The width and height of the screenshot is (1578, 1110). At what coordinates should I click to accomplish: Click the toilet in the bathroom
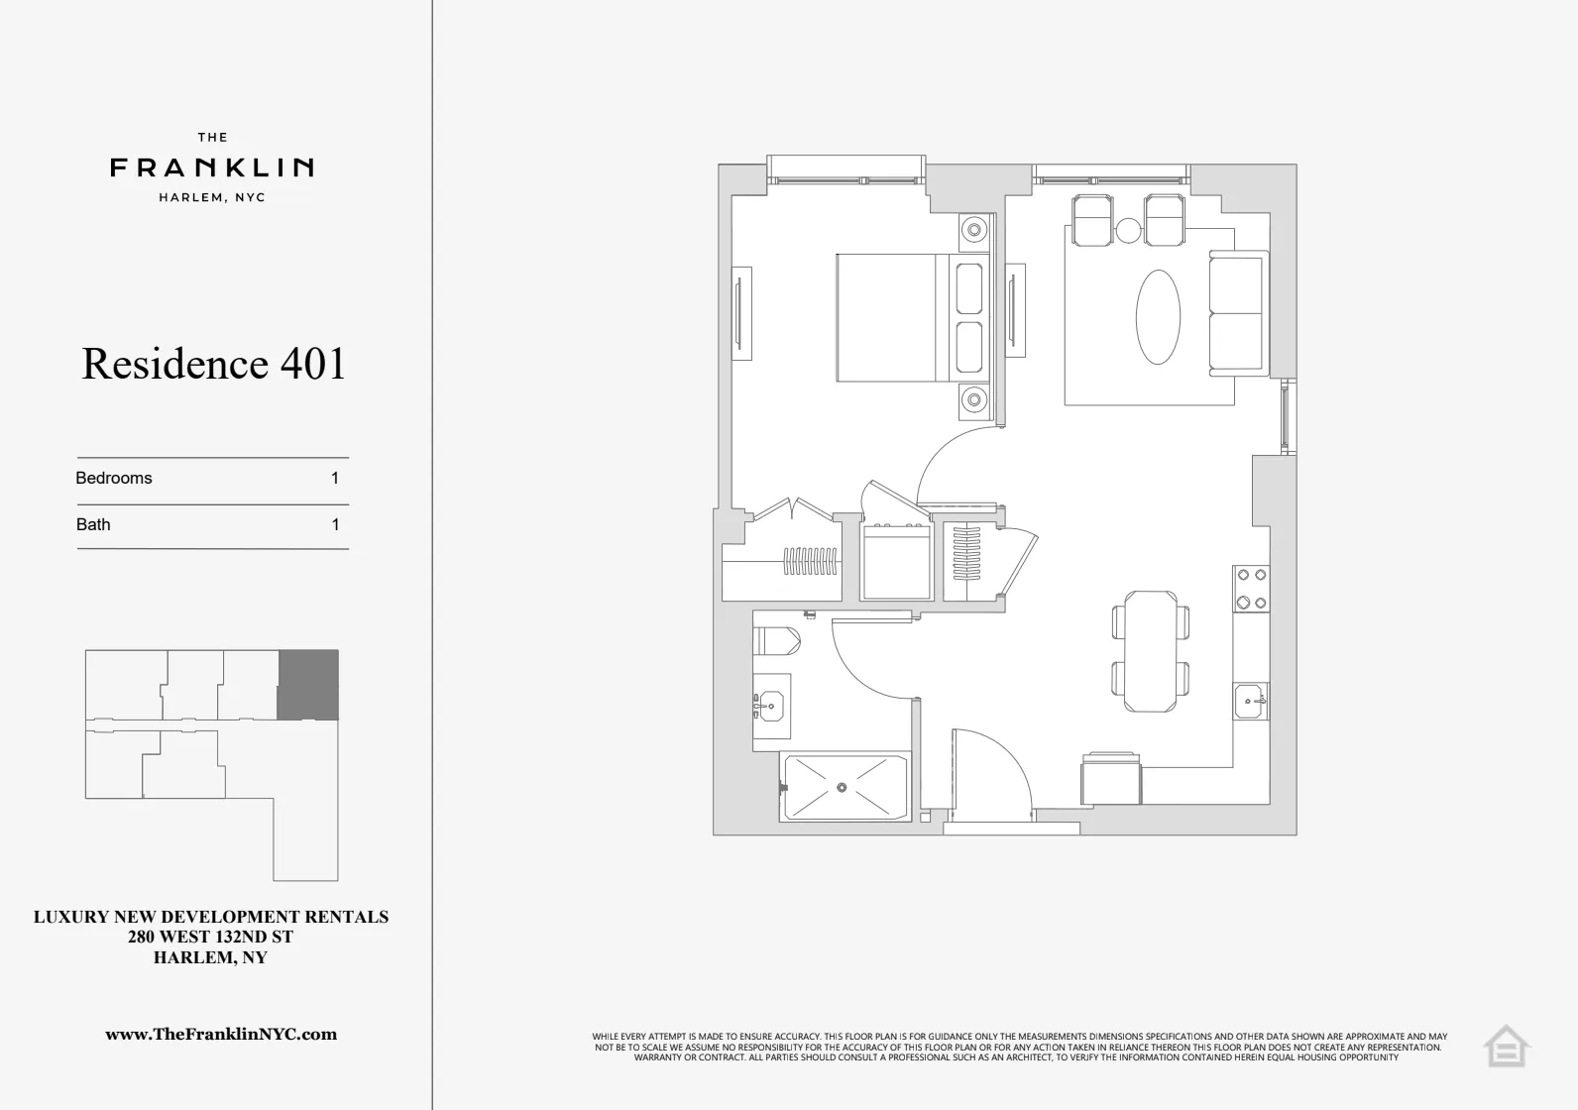777,640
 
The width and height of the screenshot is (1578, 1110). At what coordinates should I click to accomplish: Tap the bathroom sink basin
769,706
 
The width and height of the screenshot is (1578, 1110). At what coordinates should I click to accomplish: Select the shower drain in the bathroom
842,788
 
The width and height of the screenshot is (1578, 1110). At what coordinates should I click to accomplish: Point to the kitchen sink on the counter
1251,702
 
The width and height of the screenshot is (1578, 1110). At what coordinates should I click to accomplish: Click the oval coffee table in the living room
1158,317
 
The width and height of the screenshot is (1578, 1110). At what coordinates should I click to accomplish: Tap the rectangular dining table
1151,651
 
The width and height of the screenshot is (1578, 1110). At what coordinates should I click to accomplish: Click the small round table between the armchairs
1129,231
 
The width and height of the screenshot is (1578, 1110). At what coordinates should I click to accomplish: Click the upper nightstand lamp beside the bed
974,231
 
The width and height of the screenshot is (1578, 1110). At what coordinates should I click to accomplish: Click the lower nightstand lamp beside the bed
974,400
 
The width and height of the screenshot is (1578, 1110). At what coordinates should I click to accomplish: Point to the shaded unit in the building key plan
307,685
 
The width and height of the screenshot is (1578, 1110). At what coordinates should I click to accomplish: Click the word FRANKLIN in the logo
212,167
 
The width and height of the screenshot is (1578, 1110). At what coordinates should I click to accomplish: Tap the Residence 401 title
214,364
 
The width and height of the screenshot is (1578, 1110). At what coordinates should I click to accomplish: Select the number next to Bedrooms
335,478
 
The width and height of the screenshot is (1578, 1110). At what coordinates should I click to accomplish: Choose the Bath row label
94,524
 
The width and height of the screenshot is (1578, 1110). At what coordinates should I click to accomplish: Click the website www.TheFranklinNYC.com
221,1034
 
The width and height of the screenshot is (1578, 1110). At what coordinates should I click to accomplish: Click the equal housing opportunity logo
1506,1047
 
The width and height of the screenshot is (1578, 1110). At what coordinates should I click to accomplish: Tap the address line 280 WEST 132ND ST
211,937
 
